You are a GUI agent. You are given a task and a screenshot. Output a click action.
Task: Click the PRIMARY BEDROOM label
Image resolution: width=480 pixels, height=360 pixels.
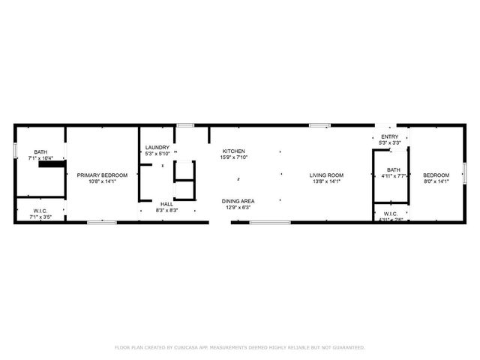pos(103,174)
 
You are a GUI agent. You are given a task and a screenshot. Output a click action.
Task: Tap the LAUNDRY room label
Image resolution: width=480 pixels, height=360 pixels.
pos(157,147)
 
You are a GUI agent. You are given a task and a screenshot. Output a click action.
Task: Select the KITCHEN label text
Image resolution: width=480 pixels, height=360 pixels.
pos(233,151)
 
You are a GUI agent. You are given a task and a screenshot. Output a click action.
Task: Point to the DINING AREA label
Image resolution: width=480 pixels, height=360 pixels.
pos(237,201)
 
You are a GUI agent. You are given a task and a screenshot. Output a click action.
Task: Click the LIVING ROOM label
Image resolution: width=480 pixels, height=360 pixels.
pos(325,175)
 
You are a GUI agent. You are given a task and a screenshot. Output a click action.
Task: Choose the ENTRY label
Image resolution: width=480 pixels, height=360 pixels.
pos(390,136)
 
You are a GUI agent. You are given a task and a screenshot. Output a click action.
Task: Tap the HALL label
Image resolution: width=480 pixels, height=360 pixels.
pos(166,204)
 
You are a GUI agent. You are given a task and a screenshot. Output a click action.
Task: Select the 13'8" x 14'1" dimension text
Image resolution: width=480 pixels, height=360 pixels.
pos(325,181)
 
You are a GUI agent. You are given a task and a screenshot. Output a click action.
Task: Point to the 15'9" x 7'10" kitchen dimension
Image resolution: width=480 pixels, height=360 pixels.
pos(233,157)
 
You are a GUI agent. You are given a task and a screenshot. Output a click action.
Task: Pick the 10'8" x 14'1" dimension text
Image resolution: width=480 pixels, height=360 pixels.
pos(103,180)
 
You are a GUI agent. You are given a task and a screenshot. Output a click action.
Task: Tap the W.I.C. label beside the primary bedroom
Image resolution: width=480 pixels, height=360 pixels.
pos(40,211)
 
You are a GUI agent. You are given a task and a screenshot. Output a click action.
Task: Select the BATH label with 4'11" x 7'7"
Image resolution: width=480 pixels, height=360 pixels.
pos(393,170)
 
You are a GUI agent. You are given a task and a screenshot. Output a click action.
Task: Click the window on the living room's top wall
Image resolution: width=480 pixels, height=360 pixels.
pos(320,124)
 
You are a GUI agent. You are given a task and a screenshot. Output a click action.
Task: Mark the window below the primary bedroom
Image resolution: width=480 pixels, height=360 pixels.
pos(101,222)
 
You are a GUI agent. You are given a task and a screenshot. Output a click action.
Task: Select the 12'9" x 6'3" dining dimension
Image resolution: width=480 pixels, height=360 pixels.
pos(237,207)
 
